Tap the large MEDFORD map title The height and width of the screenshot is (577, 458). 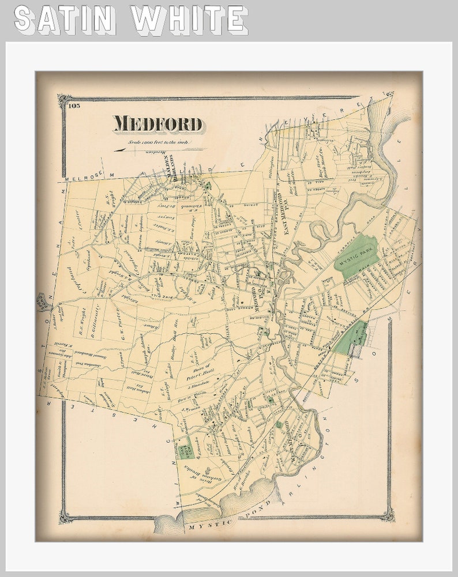[157, 124]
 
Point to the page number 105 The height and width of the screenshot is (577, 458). [73, 105]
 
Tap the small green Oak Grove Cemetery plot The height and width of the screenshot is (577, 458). [186, 448]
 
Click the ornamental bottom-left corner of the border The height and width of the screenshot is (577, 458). [66, 515]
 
